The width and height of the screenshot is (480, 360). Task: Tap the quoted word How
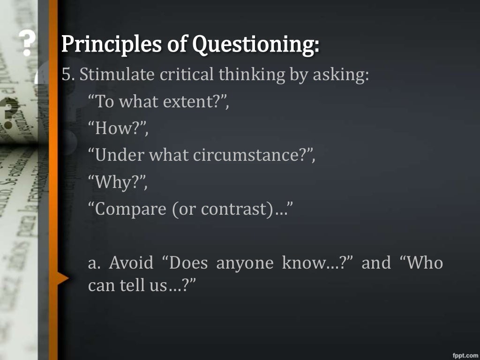113,128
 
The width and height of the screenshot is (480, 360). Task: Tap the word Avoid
131,263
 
